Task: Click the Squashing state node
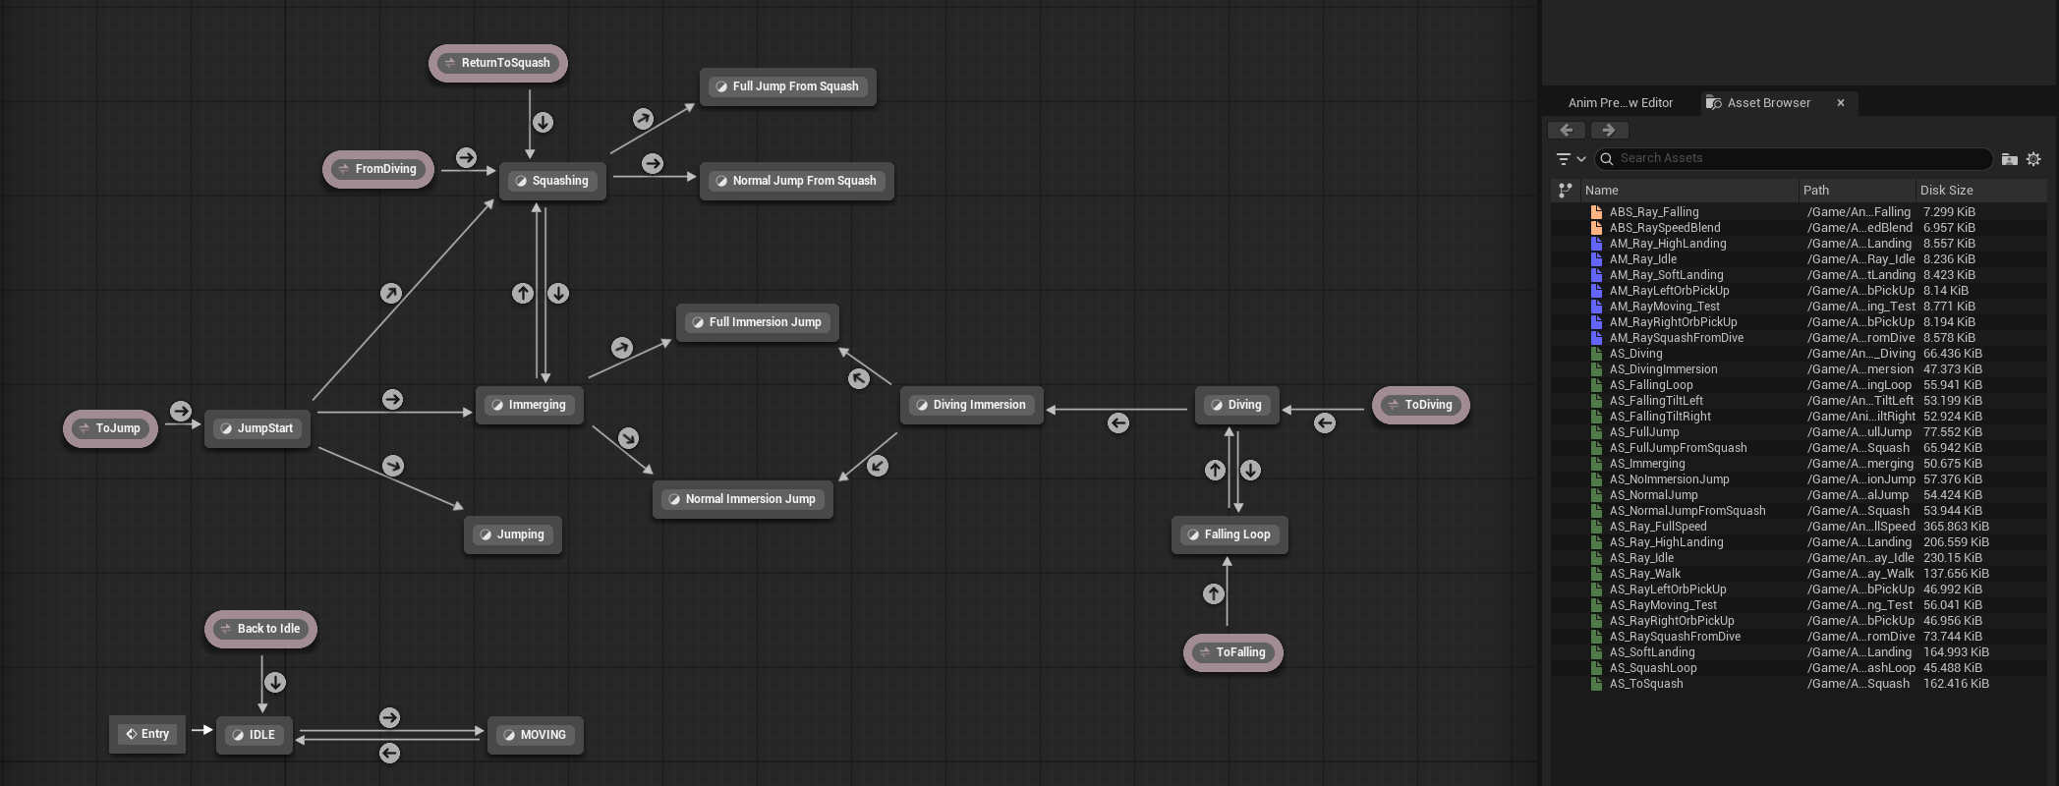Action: point(552,181)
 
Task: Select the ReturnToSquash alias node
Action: point(498,63)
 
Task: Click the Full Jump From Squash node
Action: point(787,86)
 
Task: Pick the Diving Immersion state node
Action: point(971,405)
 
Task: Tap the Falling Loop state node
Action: point(1230,534)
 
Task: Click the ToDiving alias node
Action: point(1420,405)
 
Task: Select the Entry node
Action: point(148,734)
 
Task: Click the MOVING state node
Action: point(536,735)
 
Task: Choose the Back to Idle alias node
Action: point(260,629)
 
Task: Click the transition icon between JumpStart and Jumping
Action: point(393,466)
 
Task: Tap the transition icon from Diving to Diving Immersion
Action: point(1118,423)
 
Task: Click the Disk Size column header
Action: point(1946,190)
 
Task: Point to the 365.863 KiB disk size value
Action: point(1956,527)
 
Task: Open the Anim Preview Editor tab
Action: point(1620,102)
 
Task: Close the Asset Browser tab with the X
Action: point(1841,102)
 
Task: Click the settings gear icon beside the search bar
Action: point(2033,159)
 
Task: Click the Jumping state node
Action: point(513,534)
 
